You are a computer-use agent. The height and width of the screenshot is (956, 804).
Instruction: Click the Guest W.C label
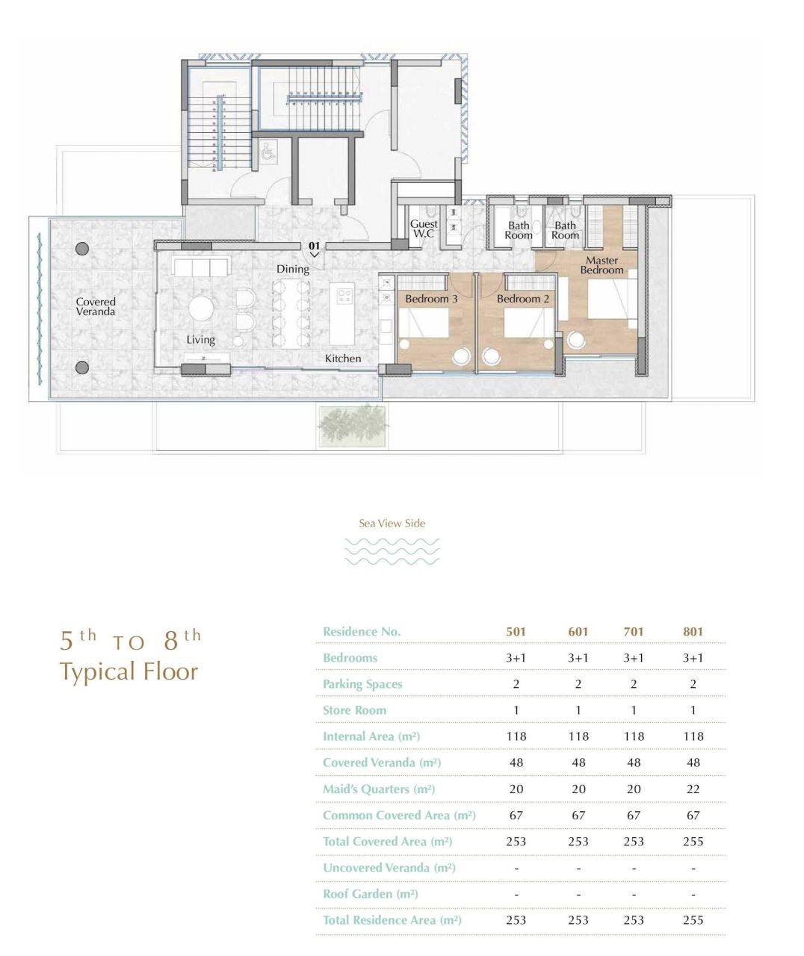(424, 229)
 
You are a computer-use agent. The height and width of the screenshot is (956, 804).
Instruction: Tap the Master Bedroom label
(602, 265)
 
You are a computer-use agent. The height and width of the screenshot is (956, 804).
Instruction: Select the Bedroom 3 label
(432, 299)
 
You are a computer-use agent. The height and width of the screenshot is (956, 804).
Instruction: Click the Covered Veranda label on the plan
(96, 306)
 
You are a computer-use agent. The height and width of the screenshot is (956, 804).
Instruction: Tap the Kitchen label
(343, 358)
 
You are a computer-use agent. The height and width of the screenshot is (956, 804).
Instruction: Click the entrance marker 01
(314, 246)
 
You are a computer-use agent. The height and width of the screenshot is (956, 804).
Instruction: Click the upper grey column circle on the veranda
(82, 249)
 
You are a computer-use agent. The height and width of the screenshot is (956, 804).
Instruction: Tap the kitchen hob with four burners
(345, 297)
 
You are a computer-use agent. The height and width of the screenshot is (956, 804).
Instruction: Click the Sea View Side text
(392, 523)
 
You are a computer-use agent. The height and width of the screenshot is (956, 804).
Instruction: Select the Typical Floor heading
(129, 671)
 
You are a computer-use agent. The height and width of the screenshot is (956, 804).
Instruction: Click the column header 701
(633, 631)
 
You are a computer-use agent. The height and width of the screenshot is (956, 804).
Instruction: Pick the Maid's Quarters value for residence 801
(693, 789)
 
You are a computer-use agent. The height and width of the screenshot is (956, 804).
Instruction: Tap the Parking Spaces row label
(362, 684)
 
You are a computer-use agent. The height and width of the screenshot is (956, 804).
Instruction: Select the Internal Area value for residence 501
(516, 736)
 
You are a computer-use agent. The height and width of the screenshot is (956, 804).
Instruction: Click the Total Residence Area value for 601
(578, 920)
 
